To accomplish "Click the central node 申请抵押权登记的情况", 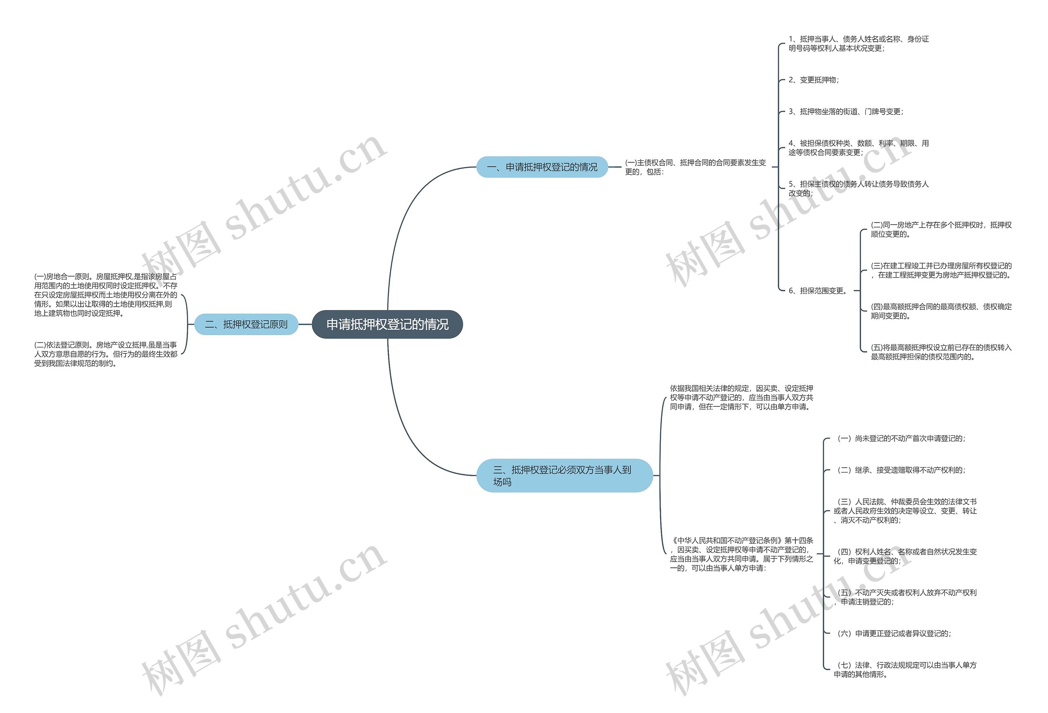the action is coord(387,324).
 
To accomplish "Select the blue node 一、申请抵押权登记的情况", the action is coord(542,167).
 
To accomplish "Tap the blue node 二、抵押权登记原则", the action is coord(246,324).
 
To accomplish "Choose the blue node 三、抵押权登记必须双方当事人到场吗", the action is coord(564,475).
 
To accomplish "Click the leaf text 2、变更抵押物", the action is coord(813,80).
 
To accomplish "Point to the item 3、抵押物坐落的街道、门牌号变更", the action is coord(845,111).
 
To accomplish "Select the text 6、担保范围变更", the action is coord(818,291).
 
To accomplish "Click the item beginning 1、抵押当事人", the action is coord(858,44).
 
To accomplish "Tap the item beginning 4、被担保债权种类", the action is coord(858,148).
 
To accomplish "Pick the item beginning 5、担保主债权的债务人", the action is coord(858,189).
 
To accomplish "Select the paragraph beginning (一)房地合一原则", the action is coord(106,295).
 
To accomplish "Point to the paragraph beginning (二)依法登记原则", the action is coord(106,354).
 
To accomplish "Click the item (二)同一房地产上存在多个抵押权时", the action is coord(941,229).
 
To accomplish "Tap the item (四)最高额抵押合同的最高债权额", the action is coord(941,311).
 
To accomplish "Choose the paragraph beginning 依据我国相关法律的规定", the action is coord(741,397).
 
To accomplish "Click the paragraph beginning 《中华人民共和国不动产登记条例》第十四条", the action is coord(741,554).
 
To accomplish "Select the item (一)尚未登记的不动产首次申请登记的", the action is coord(901,438).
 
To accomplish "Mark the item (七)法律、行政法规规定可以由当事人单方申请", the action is coord(905,669).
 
